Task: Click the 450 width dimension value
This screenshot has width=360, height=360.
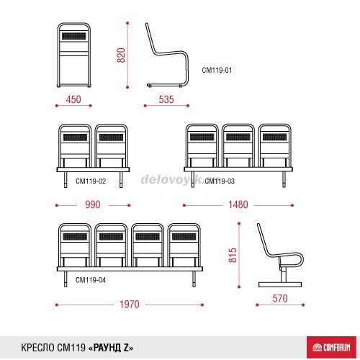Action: [x=73, y=99]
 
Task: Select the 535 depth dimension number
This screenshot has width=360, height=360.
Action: [x=166, y=99]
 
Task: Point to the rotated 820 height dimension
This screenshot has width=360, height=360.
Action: [x=121, y=55]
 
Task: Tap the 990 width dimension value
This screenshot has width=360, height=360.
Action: [x=93, y=204]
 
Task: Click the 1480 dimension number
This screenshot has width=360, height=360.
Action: [x=238, y=204]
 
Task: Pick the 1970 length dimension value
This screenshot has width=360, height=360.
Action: [x=130, y=305]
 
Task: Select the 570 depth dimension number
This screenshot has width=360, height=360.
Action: [x=280, y=299]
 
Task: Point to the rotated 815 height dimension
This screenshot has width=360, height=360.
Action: [x=233, y=255]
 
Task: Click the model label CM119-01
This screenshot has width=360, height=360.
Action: [x=217, y=70]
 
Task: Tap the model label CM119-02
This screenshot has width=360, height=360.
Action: [x=91, y=181]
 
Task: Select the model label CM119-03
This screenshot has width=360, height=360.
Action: [x=220, y=181]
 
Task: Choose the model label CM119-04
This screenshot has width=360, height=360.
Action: [x=91, y=280]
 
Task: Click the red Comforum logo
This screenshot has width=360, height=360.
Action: [x=331, y=347]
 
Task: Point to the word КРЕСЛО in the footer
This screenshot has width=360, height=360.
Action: [x=37, y=348]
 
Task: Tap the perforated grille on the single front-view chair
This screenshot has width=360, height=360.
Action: [x=74, y=36]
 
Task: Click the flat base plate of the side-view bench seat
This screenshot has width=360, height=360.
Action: [x=280, y=284]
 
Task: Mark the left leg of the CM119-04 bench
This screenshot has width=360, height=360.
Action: [x=66, y=279]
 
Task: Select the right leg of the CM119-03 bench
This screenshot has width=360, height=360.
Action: [x=284, y=179]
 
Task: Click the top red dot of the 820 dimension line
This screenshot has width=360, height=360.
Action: [x=127, y=23]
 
